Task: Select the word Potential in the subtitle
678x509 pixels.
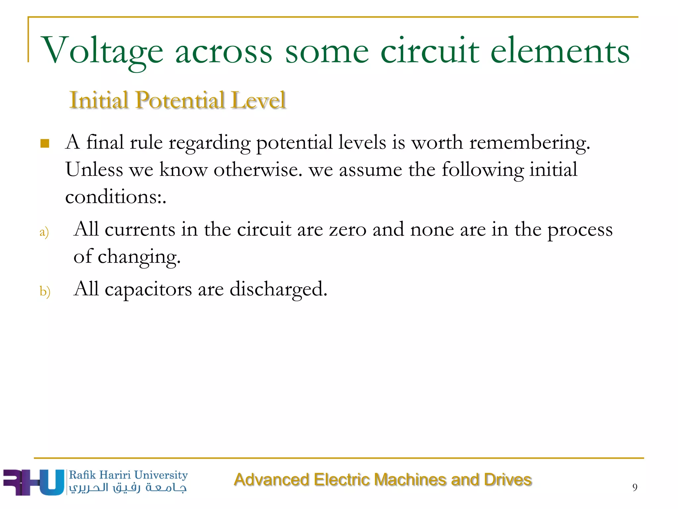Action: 180,100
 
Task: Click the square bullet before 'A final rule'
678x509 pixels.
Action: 45,143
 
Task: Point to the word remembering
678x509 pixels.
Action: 529,143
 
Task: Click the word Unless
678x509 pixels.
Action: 94,170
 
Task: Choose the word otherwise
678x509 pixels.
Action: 258,170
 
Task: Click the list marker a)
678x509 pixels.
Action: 44,232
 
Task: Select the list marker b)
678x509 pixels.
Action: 45,291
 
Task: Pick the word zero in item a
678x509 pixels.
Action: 348,229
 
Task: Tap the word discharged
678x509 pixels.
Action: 278,289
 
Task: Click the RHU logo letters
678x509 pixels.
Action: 33,482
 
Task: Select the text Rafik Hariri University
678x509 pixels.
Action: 128,475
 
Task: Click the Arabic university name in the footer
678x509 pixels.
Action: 128,488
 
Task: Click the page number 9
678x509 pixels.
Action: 635,487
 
